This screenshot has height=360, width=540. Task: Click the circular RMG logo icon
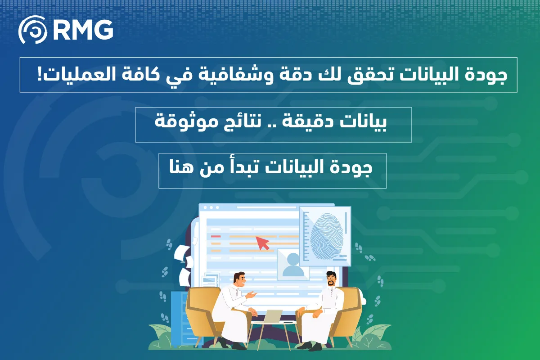tap(33, 30)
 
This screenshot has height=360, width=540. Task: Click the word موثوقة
tap(180, 122)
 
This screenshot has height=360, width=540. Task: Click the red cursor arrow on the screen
tap(262, 243)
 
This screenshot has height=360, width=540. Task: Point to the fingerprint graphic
tap(327, 234)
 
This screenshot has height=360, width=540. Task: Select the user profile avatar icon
tap(293, 265)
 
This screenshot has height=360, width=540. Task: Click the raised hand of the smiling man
tap(252, 294)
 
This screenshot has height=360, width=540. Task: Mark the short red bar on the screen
tap(216, 236)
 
